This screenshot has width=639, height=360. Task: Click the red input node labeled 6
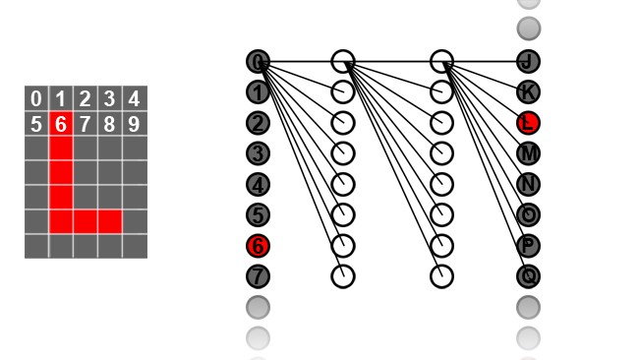pos(258,246)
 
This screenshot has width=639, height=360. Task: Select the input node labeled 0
pos(258,62)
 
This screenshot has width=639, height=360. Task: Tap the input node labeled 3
pos(258,153)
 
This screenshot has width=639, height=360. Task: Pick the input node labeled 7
pos(258,276)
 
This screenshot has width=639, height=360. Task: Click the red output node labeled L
pos(529,123)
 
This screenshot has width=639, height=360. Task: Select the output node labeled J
pos(529,62)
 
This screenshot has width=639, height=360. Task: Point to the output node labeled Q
pos(529,276)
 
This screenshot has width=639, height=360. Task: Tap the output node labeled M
pos(529,153)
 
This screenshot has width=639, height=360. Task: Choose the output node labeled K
pos(529,92)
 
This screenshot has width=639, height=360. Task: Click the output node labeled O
pos(529,214)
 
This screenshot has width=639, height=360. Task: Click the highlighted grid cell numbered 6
pos(61,124)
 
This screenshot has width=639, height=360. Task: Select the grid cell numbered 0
pos(36,98)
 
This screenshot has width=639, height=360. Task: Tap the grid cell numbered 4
pos(135,98)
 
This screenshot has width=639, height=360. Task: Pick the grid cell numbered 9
pos(135,124)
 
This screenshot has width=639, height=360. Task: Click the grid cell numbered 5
pos(36,124)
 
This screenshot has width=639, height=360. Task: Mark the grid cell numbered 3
pos(110,98)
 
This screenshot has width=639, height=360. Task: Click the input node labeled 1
pos(258,92)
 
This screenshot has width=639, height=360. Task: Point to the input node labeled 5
pos(258,214)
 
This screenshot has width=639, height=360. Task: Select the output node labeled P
pos(529,246)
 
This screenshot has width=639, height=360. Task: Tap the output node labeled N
pos(529,184)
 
